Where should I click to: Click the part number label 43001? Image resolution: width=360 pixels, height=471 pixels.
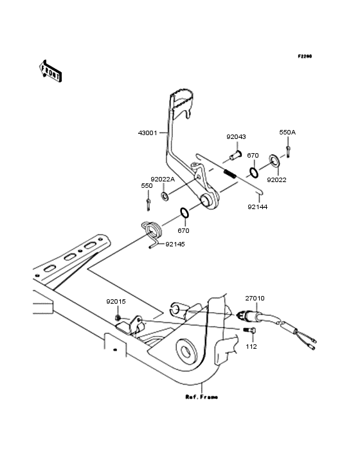[148, 133]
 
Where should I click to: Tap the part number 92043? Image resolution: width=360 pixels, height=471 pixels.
[236, 137]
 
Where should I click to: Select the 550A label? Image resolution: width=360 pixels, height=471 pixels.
[287, 132]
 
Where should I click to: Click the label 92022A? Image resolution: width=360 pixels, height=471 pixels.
[163, 180]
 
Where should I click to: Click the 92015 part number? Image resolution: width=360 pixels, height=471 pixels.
[117, 300]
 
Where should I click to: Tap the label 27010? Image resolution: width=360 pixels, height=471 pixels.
[254, 299]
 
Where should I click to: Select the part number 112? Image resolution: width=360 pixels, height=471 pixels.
[251, 347]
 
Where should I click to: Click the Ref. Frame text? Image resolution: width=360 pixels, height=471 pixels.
[201, 397]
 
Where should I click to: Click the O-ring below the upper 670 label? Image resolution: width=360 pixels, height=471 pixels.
[253, 172]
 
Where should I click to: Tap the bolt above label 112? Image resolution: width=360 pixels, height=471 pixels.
[249, 330]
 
